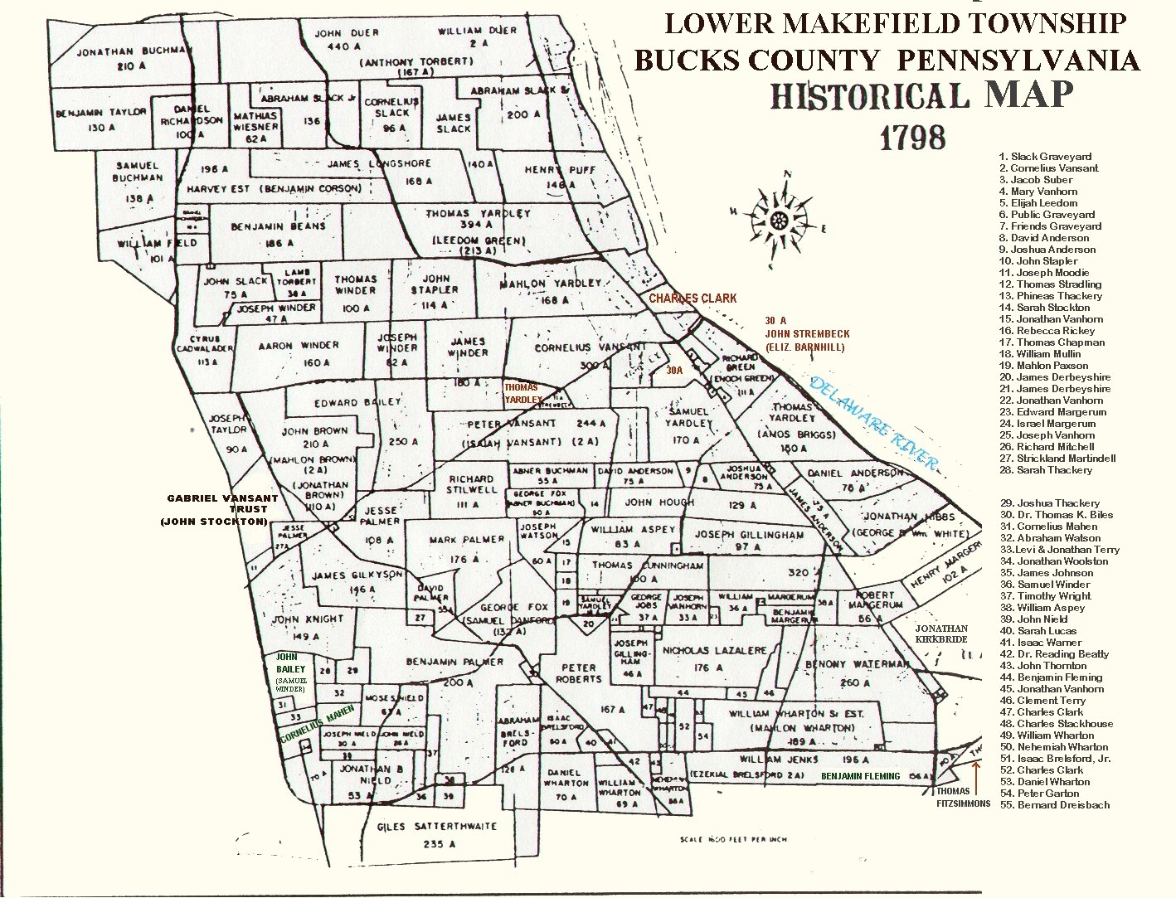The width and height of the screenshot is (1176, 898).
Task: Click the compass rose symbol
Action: (778, 219)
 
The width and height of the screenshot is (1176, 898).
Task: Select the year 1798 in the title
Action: (911, 137)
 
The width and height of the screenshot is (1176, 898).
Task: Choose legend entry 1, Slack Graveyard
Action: (1045, 156)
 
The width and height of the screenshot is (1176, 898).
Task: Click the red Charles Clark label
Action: (692, 299)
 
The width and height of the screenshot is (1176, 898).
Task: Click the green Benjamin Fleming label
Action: (860, 776)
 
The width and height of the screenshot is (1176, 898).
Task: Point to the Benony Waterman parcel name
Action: (857, 664)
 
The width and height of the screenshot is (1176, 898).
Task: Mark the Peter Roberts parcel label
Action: (579, 673)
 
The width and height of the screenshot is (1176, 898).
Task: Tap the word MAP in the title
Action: (1029, 95)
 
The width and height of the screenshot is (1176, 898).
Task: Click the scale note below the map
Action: (732, 839)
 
